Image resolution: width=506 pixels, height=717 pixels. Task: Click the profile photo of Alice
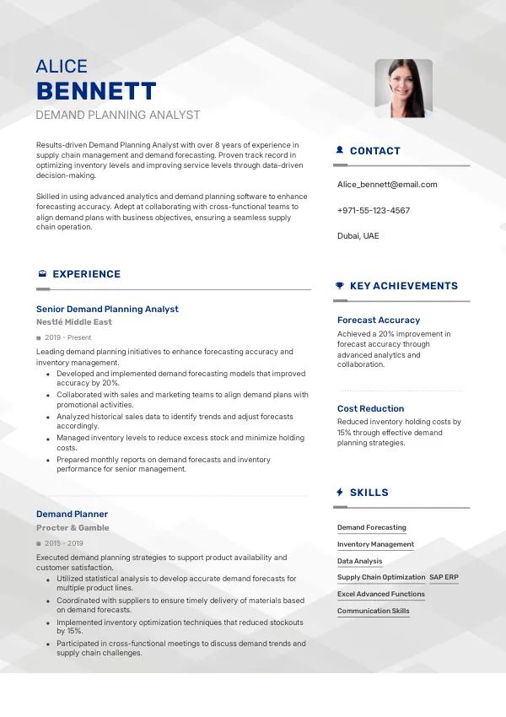403,88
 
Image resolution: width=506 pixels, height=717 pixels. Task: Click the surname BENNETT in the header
96,91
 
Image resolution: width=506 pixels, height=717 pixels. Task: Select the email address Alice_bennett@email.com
387,184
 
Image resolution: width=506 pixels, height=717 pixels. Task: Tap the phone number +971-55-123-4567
374,210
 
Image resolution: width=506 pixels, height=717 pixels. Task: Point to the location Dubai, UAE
358,235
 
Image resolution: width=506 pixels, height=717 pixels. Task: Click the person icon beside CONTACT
340,150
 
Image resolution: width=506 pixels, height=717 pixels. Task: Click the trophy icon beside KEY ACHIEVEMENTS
340,286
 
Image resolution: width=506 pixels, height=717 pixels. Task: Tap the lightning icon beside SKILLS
340,492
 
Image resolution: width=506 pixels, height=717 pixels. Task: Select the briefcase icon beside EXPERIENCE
42,274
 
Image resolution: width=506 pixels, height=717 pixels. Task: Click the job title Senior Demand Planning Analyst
107,309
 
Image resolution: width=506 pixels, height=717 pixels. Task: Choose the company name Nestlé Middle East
74,321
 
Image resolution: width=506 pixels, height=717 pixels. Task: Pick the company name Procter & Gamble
73,527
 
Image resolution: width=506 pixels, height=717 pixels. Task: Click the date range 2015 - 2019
64,543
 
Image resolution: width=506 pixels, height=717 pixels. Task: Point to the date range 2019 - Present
67,337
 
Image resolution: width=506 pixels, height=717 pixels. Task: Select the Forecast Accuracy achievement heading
379,320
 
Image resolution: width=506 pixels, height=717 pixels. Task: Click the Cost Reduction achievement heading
371,408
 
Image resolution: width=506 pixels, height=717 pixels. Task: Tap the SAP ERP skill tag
444,577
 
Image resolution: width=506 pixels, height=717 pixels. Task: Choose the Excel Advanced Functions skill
381,594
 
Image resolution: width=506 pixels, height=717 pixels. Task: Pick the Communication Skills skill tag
374,611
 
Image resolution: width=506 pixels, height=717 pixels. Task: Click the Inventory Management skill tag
375,544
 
